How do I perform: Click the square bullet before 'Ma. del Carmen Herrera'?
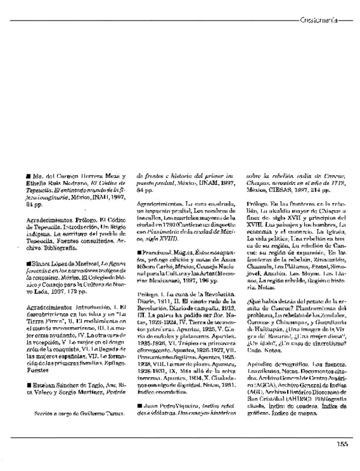(x=28, y=175)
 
